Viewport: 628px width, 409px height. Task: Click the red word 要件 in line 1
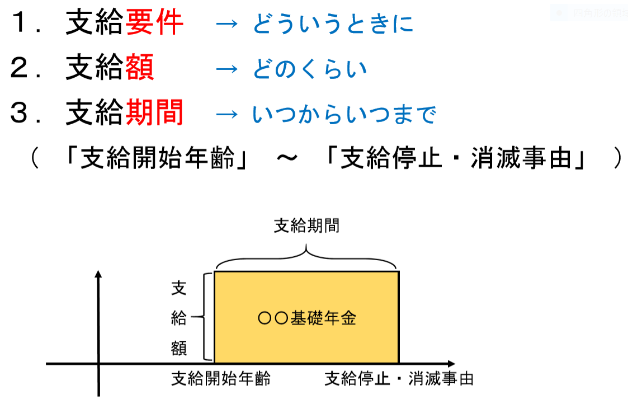click(154, 23)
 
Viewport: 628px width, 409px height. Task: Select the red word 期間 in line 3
click(154, 114)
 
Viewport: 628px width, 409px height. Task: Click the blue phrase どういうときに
click(333, 25)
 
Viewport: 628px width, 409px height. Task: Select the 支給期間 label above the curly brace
click(306, 227)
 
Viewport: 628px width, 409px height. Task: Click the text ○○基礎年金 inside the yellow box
click(307, 318)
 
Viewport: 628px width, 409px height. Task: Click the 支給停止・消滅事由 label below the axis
click(399, 379)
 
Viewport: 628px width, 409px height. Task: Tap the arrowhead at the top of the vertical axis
click(98, 274)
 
